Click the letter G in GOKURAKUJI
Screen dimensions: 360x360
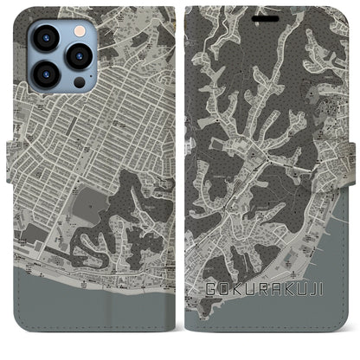click(x=210, y=289)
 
